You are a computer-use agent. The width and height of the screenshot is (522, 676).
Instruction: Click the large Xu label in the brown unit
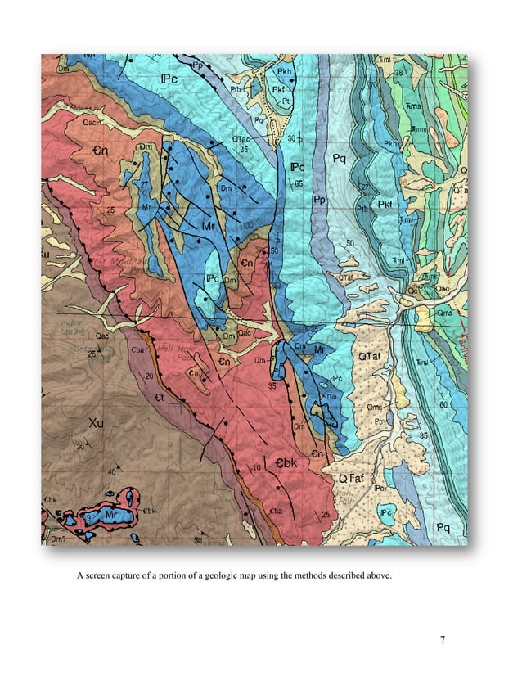[95, 424]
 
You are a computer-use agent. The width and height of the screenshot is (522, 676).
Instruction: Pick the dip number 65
[299, 183]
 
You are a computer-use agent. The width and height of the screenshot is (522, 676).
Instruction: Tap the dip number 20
[148, 376]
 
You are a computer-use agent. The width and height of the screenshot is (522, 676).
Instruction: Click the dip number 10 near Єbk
[257, 467]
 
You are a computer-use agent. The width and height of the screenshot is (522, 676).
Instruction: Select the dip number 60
[443, 404]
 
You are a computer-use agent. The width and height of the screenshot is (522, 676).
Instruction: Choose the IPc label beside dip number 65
[299, 168]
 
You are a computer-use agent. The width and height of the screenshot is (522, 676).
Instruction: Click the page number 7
[442, 639]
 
